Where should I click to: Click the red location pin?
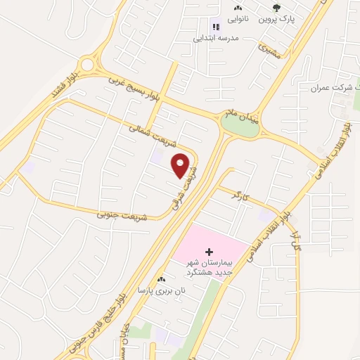(x=181, y=165)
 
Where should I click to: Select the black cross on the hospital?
(x=209, y=251)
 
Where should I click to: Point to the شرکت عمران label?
(x=335, y=88)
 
